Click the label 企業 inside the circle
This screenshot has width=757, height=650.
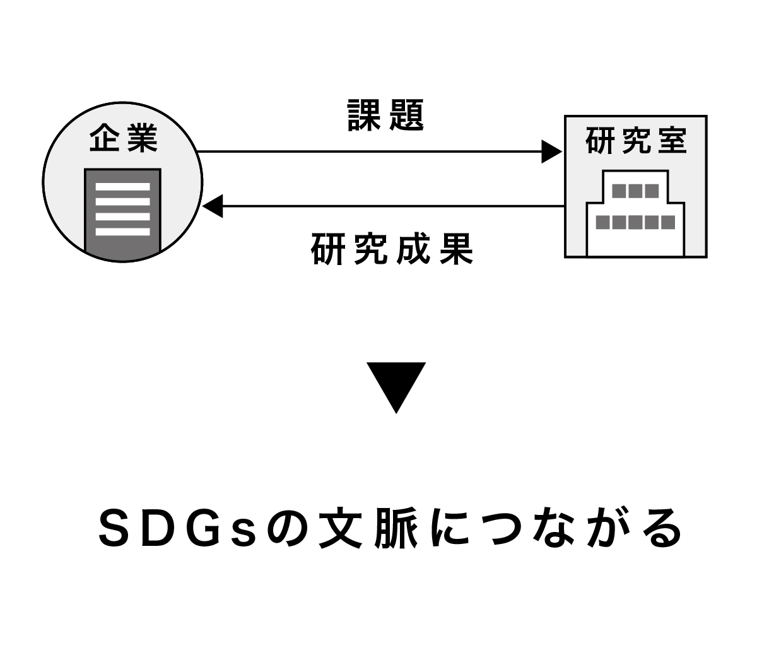(x=122, y=139)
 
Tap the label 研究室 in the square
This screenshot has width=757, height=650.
(x=635, y=141)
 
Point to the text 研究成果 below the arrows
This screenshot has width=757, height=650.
(x=392, y=250)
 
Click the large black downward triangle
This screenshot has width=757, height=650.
(x=396, y=384)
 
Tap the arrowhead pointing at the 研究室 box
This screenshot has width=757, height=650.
(x=551, y=151)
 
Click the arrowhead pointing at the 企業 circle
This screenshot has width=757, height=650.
(x=213, y=206)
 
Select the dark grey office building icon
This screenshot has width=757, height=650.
(x=122, y=215)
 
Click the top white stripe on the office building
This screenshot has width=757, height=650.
(x=122, y=187)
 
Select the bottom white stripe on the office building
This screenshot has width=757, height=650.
(x=122, y=232)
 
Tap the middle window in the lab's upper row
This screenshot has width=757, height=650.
(x=635, y=191)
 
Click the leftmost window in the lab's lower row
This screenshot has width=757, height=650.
(x=603, y=222)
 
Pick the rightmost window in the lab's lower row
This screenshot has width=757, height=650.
(x=667, y=222)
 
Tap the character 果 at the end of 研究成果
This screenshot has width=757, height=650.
(x=457, y=250)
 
